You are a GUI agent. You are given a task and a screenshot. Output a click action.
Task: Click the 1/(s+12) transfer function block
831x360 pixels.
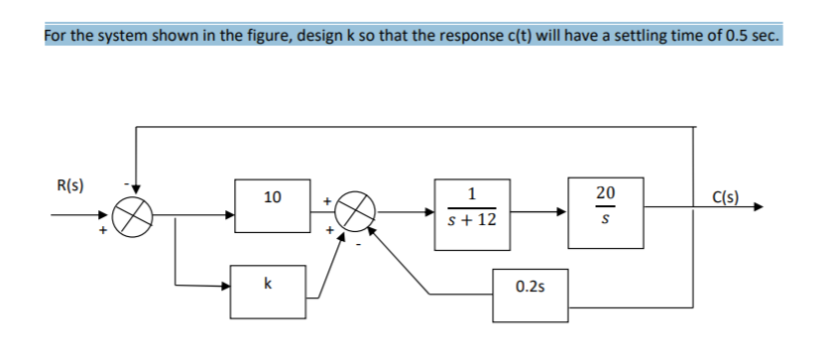tap(472, 207)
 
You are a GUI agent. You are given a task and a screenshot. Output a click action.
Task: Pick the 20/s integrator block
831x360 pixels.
tap(606, 206)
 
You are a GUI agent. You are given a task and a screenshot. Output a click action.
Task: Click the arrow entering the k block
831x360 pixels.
tap(225, 287)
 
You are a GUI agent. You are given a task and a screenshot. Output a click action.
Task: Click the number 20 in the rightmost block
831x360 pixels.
tap(606, 192)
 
